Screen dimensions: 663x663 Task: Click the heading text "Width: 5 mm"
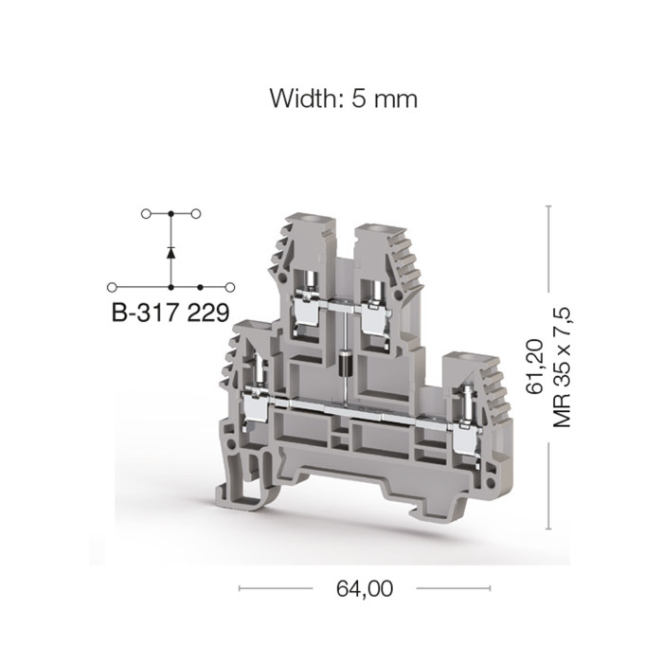(x=343, y=99)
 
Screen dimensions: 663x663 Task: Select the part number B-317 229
(x=170, y=313)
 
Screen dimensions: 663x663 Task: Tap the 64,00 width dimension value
(x=365, y=588)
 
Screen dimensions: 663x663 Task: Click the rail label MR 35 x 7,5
(x=563, y=367)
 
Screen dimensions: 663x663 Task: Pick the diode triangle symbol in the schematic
(x=170, y=253)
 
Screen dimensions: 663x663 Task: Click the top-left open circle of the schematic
(x=146, y=214)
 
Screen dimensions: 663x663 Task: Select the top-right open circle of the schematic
(x=196, y=214)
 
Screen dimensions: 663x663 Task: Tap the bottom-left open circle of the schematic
(x=112, y=288)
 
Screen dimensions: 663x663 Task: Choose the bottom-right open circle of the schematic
(x=230, y=288)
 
